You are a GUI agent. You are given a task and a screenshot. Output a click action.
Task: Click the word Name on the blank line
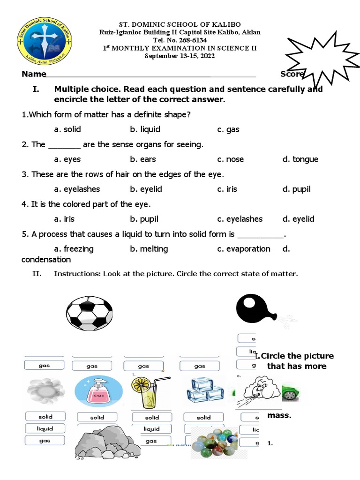coord(34,74)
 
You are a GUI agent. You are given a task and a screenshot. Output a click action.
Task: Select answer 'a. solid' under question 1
coord(67,129)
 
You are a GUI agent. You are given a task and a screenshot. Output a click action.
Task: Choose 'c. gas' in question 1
coord(228,129)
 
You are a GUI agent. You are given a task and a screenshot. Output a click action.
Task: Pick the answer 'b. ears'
coord(143,159)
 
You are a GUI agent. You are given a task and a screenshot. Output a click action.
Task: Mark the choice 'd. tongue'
coord(300,159)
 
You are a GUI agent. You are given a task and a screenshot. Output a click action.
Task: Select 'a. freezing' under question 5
coord(74,249)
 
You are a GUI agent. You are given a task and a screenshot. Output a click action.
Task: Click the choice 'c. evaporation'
coord(244,249)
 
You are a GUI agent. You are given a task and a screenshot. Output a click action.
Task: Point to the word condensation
coord(46,259)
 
